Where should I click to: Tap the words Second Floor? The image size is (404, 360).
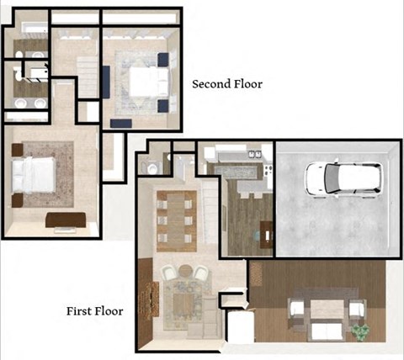[227, 84]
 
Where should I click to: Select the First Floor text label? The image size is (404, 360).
[95, 311]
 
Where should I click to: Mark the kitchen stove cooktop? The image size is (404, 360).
[268, 168]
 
